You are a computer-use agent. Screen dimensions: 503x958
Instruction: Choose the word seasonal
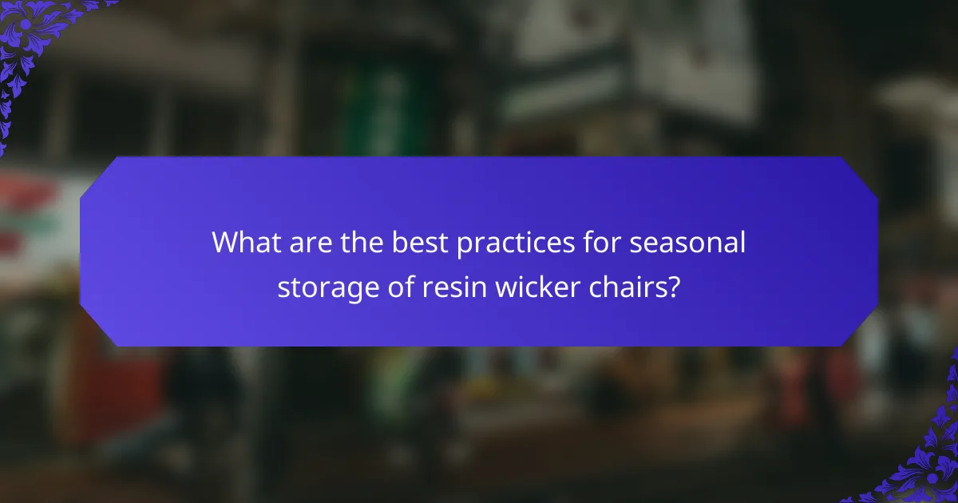tap(688, 243)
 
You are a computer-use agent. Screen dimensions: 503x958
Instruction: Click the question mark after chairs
tap(675, 287)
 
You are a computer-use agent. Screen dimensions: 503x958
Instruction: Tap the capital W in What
tap(226, 243)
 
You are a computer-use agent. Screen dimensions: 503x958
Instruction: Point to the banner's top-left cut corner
tap(97, 174)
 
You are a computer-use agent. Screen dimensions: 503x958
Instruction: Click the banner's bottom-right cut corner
tap(861, 329)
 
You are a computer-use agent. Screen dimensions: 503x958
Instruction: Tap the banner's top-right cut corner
tap(861, 174)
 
